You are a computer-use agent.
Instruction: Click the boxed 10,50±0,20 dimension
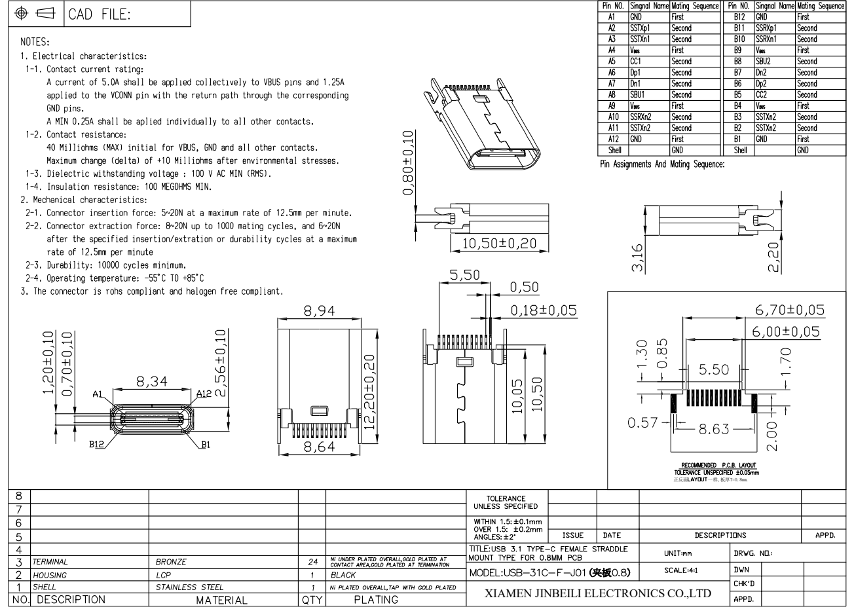(499, 244)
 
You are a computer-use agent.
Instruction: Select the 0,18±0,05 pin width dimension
(544, 309)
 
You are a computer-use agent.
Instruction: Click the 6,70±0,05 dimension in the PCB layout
(790, 310)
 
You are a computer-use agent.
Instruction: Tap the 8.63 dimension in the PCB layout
(714, 430)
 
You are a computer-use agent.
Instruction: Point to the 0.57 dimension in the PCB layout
(642, 422)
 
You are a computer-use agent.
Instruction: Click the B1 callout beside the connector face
(206, 444)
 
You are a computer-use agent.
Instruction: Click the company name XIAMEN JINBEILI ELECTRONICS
(597, 594)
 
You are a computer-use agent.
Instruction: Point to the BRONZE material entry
(171, 562)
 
